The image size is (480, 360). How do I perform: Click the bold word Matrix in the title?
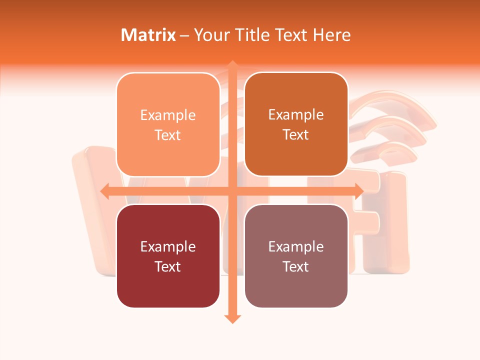(148, 35)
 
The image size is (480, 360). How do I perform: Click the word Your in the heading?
(210, 35)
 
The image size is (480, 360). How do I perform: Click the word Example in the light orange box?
(168, 115)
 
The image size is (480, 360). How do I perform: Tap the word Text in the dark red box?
(168, 266)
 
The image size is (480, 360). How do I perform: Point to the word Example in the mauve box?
(296, 246)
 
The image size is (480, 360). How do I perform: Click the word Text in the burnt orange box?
(296, 134)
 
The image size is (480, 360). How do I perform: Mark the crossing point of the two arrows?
(232, 191)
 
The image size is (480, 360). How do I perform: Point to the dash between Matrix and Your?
(184, 35)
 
